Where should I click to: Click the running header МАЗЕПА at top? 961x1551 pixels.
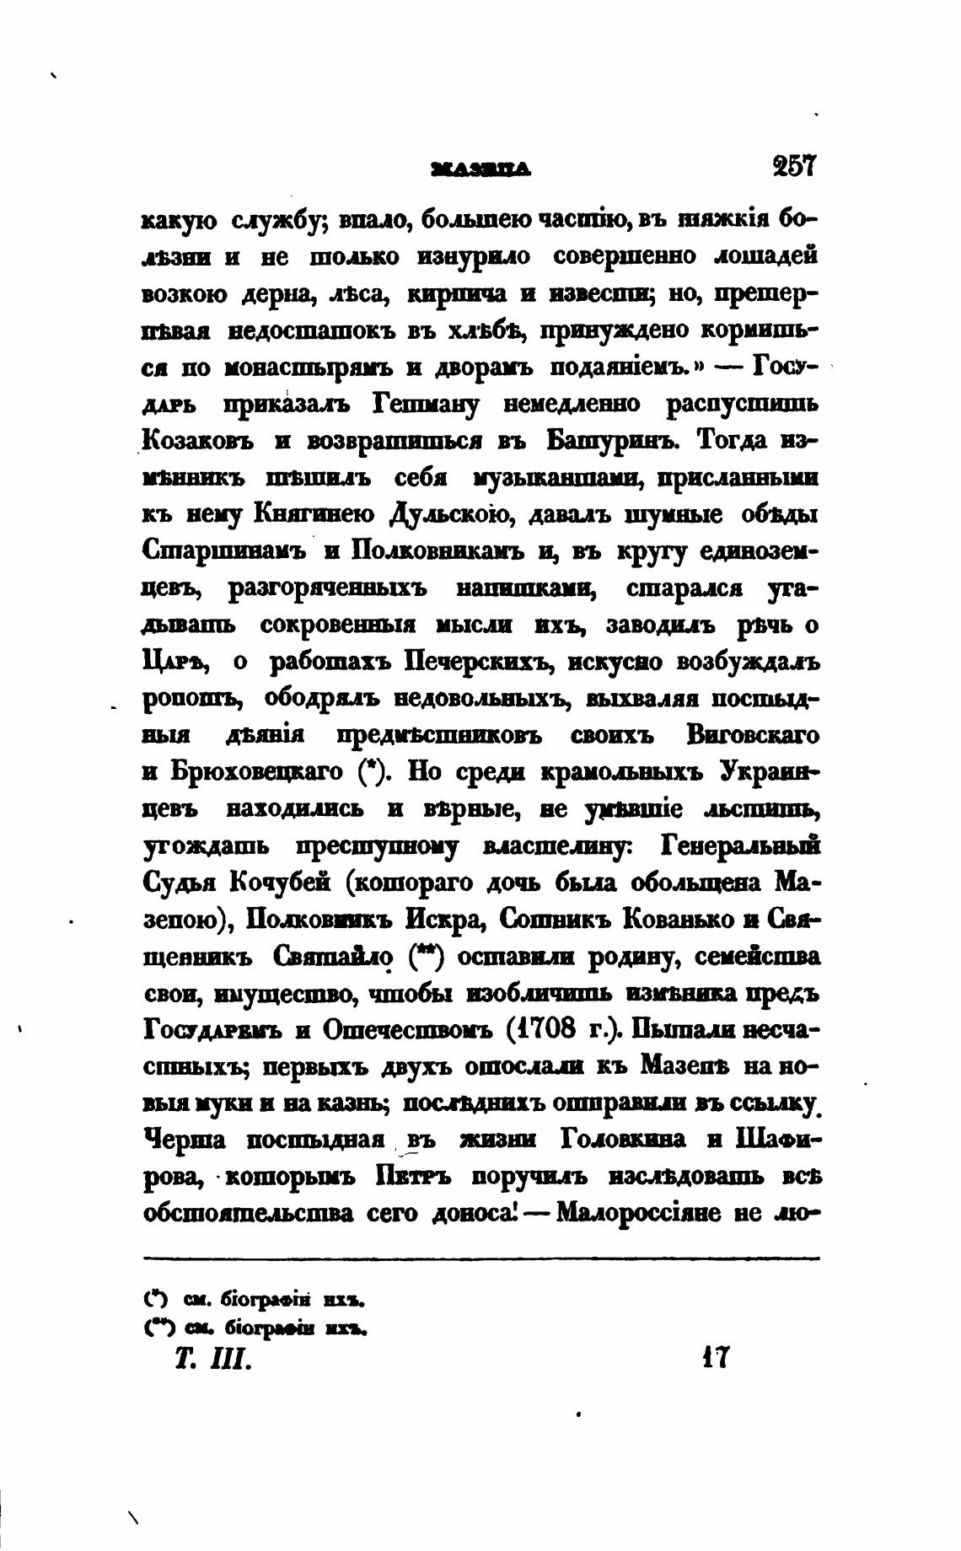coord(480,169)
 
